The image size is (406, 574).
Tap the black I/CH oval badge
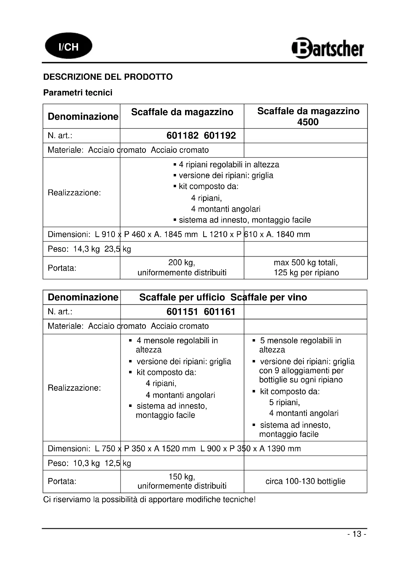(68, 46)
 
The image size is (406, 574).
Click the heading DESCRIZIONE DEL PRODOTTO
(108, 77)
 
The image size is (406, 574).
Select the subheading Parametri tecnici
(78, 93)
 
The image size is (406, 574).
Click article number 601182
(182, 136)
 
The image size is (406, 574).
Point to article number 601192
(220, 136)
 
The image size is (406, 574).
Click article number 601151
(182, 312)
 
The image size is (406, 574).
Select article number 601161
(219, 312)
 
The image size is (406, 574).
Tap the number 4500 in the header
(308, 122)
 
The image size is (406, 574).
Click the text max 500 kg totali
(306, 263)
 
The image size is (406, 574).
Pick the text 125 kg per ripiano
(306, 272)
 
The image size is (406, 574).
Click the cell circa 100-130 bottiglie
(305, 481)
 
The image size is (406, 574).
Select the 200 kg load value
(181, 263)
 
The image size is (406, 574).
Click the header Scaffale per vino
(269, 297)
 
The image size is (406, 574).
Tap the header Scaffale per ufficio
(182, 297)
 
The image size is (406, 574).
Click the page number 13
(357, 534)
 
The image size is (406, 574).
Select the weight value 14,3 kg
(86, 249)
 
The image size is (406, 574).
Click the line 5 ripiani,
(284, 402)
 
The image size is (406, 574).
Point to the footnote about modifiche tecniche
(149, 499)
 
